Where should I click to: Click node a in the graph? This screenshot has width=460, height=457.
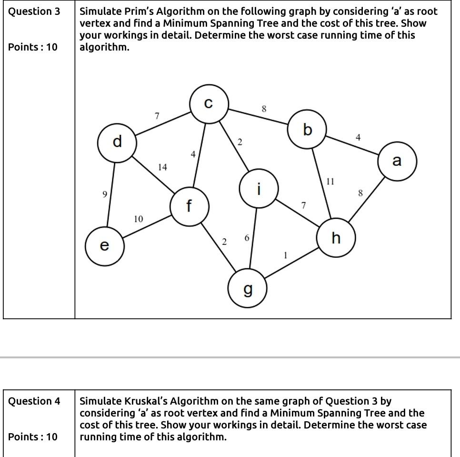397,161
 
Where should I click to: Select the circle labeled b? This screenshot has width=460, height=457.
308,129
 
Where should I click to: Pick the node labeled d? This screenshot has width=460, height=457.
117,142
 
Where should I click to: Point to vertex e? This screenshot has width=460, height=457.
104,245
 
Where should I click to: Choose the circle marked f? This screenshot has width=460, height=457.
190,206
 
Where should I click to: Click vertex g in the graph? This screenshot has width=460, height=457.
247,289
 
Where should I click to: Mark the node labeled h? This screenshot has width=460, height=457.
336,237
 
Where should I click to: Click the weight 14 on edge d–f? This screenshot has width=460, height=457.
163,167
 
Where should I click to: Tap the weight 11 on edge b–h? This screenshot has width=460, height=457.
330,182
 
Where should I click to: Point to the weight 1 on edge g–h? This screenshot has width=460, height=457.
285,255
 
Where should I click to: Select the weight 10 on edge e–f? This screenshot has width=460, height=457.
138,219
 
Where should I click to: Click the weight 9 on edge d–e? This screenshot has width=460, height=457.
104,194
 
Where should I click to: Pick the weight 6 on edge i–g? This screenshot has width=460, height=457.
246,238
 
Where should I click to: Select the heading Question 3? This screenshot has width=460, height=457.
35,11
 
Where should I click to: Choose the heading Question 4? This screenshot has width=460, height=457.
35,401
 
